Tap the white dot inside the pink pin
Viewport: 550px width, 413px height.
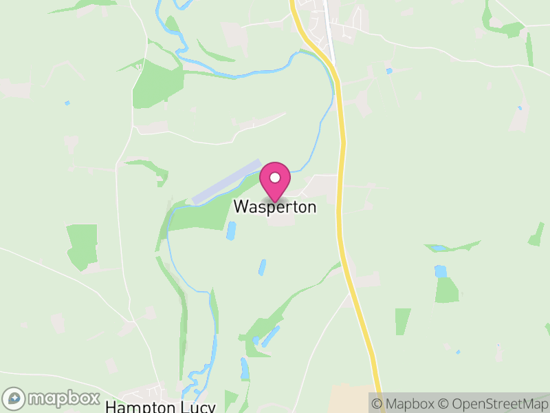pos(275,178)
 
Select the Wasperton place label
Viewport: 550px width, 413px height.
pos(275,206)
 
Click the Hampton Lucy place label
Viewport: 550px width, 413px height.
pos(160,407)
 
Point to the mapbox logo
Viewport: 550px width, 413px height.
pos(52,399)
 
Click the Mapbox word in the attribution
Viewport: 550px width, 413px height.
pos(410,404)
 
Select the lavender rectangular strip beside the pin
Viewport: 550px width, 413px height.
pos(227,182)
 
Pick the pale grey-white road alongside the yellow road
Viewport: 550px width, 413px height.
pos(331,41)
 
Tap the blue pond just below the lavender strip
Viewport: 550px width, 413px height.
pos(231,231)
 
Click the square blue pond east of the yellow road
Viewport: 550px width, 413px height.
pos(440,271)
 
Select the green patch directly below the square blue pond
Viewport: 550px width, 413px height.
pos(447,290)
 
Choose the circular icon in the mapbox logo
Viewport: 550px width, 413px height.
pos(14,399)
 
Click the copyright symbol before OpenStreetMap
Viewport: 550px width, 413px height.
pos(444,404)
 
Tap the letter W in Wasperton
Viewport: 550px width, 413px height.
pos(241,206)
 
